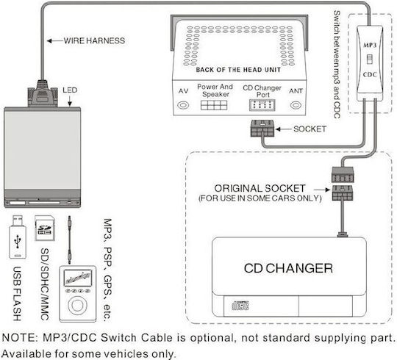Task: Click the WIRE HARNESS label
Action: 94,40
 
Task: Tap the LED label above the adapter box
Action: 70,90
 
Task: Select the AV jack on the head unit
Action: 183,105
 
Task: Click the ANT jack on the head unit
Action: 296,105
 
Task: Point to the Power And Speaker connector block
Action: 214,105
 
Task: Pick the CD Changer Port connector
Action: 262,105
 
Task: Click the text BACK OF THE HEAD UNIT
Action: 238,70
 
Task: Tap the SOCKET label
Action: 310,129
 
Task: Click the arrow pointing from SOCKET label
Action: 283,129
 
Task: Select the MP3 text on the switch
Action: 370,46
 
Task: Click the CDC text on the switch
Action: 370,75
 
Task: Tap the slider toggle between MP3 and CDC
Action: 370,60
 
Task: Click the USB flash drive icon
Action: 18,237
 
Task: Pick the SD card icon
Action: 45,228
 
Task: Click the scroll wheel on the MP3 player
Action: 77,305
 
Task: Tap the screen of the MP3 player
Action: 77,278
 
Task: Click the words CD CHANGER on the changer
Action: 288,268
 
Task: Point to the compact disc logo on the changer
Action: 240,306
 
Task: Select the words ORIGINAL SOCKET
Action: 260,188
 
